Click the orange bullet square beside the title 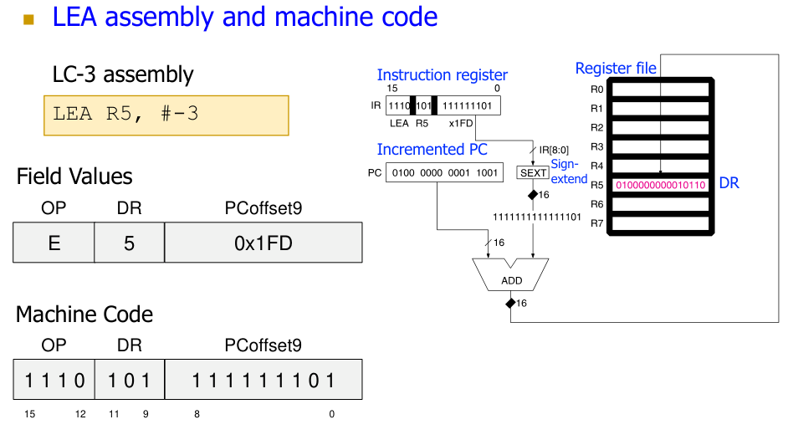[30, 18]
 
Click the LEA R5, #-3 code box [166, 115]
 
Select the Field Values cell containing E [54, 243]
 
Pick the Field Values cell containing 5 [129, 243]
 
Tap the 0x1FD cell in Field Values [264, 243]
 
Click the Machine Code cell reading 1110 [54, 380]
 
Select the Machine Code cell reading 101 [129, 380]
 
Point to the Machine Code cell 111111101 [264, 380]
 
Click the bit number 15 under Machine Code [29, 414]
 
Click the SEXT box [533, 173]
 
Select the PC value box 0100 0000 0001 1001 [443, 173]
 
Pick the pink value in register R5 [661, 184]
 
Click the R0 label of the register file [596, 89]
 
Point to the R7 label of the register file [596, 223]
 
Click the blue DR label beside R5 [729, 182]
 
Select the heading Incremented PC [432, 150]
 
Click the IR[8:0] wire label [553, 149]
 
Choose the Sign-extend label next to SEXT [569, 171]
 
